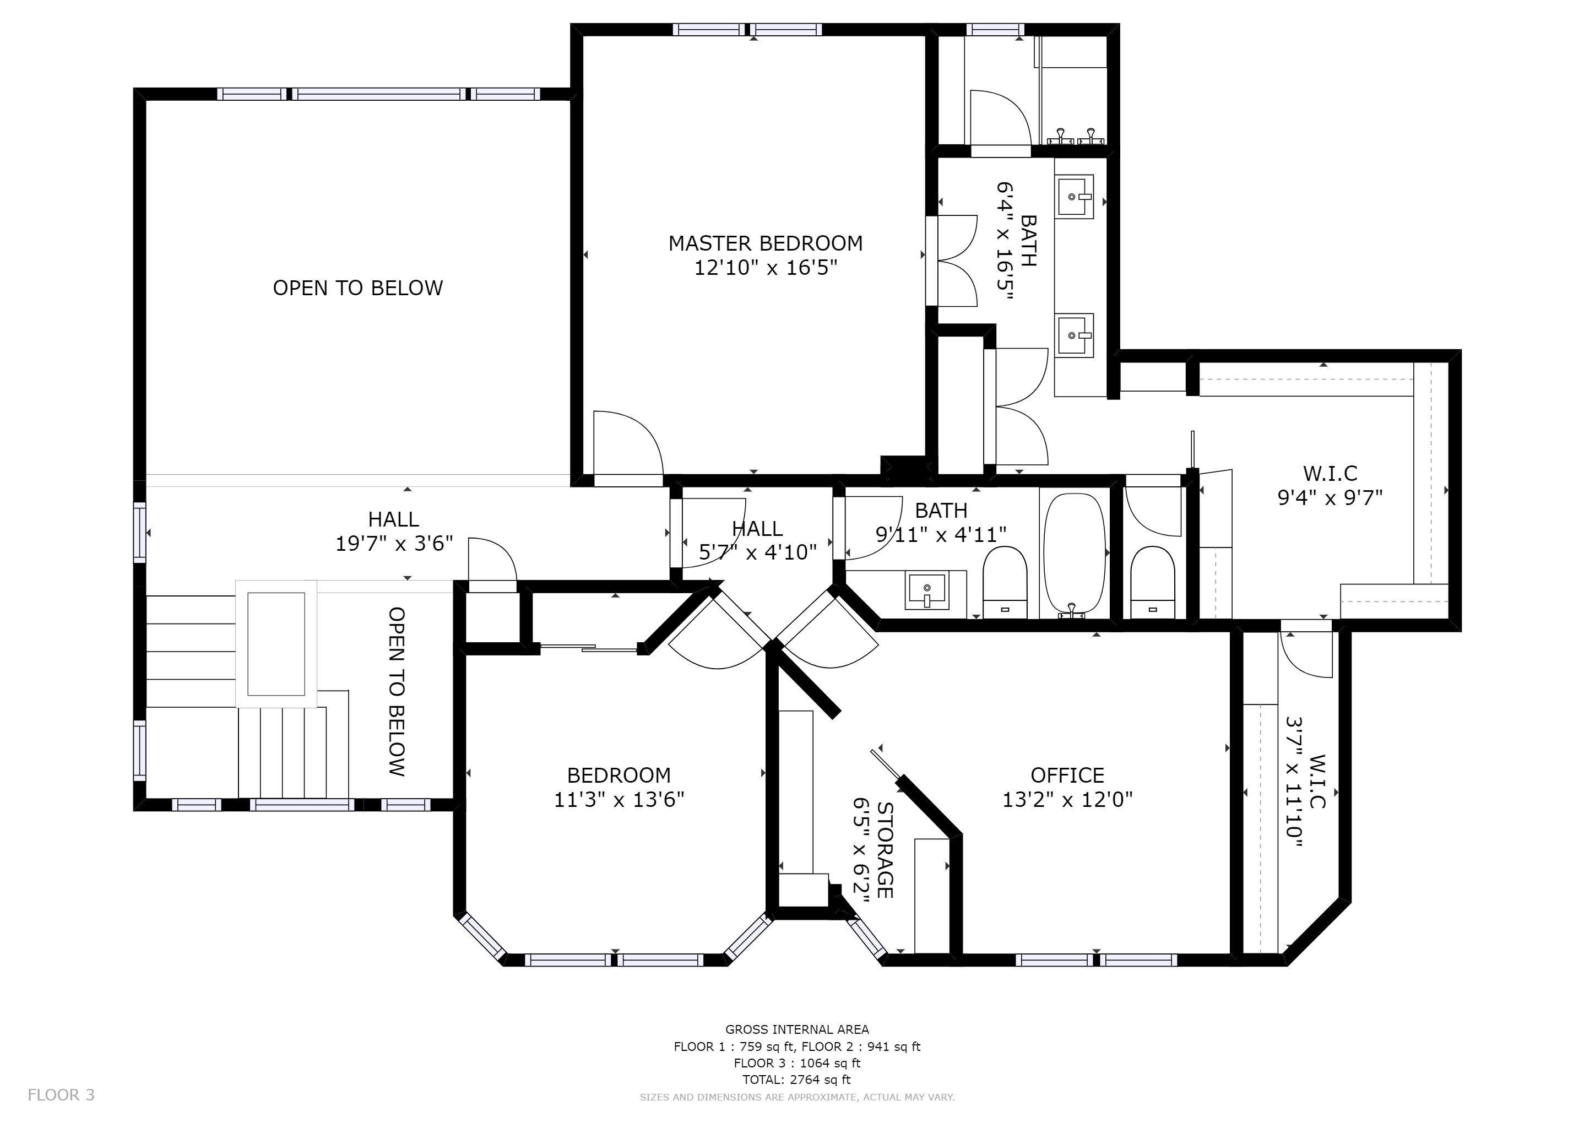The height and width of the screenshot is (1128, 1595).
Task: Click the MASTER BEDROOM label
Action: tap(766, 244)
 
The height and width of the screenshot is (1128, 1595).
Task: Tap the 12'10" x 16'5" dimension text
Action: tap(766, 268)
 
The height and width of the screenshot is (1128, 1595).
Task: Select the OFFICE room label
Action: tap(1067, 775)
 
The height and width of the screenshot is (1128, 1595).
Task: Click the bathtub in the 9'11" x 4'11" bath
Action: tap(1075, 556)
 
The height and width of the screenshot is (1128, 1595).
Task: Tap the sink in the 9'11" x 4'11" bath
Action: tap(927, 591)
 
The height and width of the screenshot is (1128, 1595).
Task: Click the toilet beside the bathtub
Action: tap(1005, 582)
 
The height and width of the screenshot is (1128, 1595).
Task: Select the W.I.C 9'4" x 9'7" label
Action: tap(1330, 485)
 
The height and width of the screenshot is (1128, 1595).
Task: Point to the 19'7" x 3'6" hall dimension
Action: tap(394, 544)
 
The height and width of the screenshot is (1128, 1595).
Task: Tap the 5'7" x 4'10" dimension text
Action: tap(757, 552)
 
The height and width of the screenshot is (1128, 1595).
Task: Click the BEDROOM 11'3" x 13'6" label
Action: tap(619, 788)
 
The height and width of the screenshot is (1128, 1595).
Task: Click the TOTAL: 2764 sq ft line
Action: tap(797, 1080)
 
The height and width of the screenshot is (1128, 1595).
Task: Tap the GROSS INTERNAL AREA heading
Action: tap(797, 1029)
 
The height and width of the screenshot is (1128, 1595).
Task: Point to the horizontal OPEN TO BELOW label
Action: tap(358, 288)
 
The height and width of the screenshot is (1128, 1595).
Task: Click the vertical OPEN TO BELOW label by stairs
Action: tap(397, 692)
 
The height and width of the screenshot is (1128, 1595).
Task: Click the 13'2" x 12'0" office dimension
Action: tap(1067, 800)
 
